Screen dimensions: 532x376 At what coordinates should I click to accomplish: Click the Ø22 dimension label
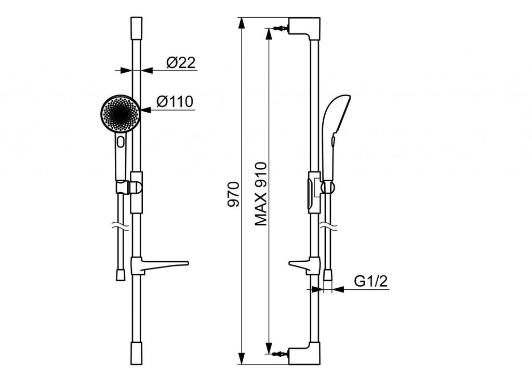(181, 63)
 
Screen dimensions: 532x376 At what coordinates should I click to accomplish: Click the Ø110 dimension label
(175, 101)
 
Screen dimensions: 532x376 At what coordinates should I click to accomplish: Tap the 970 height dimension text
(233, 194)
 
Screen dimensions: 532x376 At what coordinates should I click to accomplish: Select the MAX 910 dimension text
(261, 194)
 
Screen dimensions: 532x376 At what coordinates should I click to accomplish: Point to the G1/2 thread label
(370, 281)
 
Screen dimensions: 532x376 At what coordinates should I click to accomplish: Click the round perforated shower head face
(120, 113)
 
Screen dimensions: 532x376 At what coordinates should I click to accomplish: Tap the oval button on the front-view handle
(121, 141)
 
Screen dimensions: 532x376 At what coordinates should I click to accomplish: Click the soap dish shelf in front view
(159, 265)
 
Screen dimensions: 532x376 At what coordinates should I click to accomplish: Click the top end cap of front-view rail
(136, 27)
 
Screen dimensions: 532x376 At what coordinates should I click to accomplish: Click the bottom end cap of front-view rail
(136, 353)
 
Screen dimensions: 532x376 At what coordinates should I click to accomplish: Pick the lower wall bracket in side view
(304, 353)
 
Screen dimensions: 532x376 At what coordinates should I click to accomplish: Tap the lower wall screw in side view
(281, 354)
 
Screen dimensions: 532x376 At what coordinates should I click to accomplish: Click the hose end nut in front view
(121, 275)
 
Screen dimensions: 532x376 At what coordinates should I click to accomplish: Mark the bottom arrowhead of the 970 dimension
(241, 358)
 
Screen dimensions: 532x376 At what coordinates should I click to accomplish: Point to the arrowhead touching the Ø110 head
(145, 110)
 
